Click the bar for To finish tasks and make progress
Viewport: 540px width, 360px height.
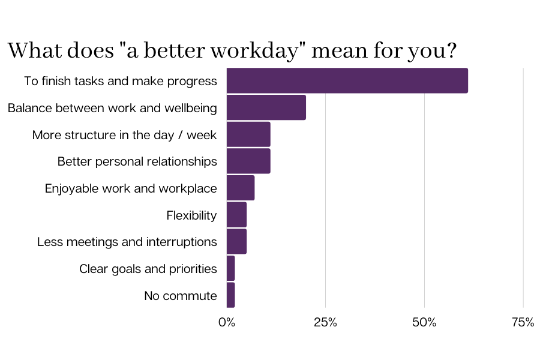pos(347,80)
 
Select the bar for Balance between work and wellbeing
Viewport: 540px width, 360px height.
pos(266,107)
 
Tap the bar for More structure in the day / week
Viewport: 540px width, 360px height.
pos(248,134)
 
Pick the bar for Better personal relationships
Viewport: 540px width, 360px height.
pos(248,161)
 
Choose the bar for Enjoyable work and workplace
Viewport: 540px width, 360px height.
pos(241,188)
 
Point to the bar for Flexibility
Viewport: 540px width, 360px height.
pos(236,215)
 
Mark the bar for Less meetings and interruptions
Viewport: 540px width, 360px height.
pos(236,241)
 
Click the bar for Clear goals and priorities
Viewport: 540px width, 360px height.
pos(231,268)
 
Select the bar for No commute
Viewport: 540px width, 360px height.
pos(231,295)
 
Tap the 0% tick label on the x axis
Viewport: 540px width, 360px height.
pos(227,322)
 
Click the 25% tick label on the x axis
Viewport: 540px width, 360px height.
pos(325,322)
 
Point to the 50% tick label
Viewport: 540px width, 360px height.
pos(424,322)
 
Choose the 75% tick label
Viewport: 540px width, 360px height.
pos(523,322)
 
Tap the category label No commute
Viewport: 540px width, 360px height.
pos(180,296)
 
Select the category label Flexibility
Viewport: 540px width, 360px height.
pos(191,215)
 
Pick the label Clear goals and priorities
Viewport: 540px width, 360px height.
pos(148,269)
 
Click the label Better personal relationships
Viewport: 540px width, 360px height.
pos(137,161)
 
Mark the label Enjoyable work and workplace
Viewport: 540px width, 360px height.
pos(130,188)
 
